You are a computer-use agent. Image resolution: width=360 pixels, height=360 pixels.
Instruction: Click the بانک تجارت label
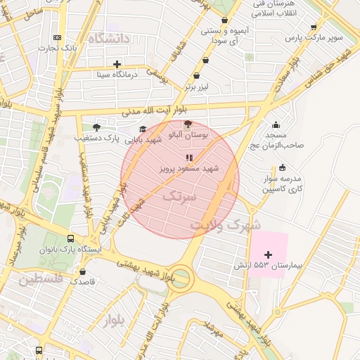point(58,48)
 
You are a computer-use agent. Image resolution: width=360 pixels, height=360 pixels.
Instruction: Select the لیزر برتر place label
point(198,87)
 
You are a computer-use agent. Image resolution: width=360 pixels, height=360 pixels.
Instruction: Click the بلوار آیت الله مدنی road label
point(157,111)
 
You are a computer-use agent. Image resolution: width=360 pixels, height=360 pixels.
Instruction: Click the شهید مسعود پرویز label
point(188,169)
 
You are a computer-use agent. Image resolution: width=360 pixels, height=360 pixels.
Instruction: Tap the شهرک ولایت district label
point(224,225)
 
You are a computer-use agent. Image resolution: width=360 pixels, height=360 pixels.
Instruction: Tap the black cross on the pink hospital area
point(268,254)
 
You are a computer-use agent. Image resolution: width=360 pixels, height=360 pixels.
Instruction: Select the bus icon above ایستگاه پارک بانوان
point(70,238)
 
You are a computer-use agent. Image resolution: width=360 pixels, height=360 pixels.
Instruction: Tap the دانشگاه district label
point(106,39)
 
